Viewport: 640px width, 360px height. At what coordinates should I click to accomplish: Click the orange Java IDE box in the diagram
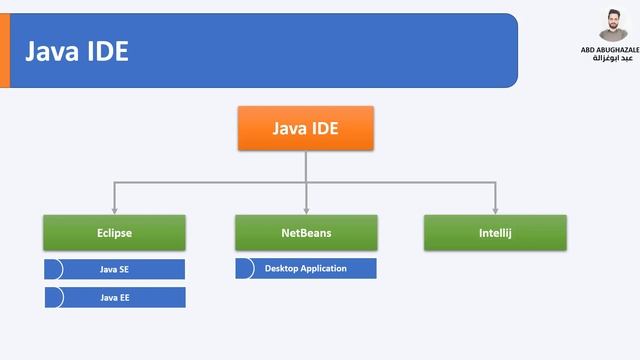point(306,129)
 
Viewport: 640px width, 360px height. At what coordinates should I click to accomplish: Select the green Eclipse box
point(114,233)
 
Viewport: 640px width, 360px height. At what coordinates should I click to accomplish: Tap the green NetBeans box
point(306,233)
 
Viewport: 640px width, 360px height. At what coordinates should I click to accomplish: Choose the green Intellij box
point(495,233)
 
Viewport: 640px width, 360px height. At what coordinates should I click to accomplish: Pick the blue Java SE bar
point(115,269)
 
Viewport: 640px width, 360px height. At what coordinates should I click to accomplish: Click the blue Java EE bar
point(115,297)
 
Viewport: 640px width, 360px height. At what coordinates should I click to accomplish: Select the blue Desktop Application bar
point(306,268)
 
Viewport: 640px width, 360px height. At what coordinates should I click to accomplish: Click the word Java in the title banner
point(53,51)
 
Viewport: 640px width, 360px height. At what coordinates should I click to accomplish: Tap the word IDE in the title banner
point(108,51)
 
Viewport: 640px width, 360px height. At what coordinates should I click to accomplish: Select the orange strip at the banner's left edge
point(4,51)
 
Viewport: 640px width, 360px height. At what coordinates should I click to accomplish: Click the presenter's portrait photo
point(613,24)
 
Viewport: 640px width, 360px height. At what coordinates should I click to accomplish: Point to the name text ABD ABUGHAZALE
point(610,49)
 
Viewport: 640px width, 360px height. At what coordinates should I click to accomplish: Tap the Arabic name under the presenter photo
point(610,58)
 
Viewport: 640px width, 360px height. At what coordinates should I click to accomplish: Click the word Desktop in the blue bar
point(283,268)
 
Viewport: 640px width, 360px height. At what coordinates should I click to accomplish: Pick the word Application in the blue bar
point(324,268)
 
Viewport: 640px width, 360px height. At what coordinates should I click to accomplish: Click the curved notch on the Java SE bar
point(55,269)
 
